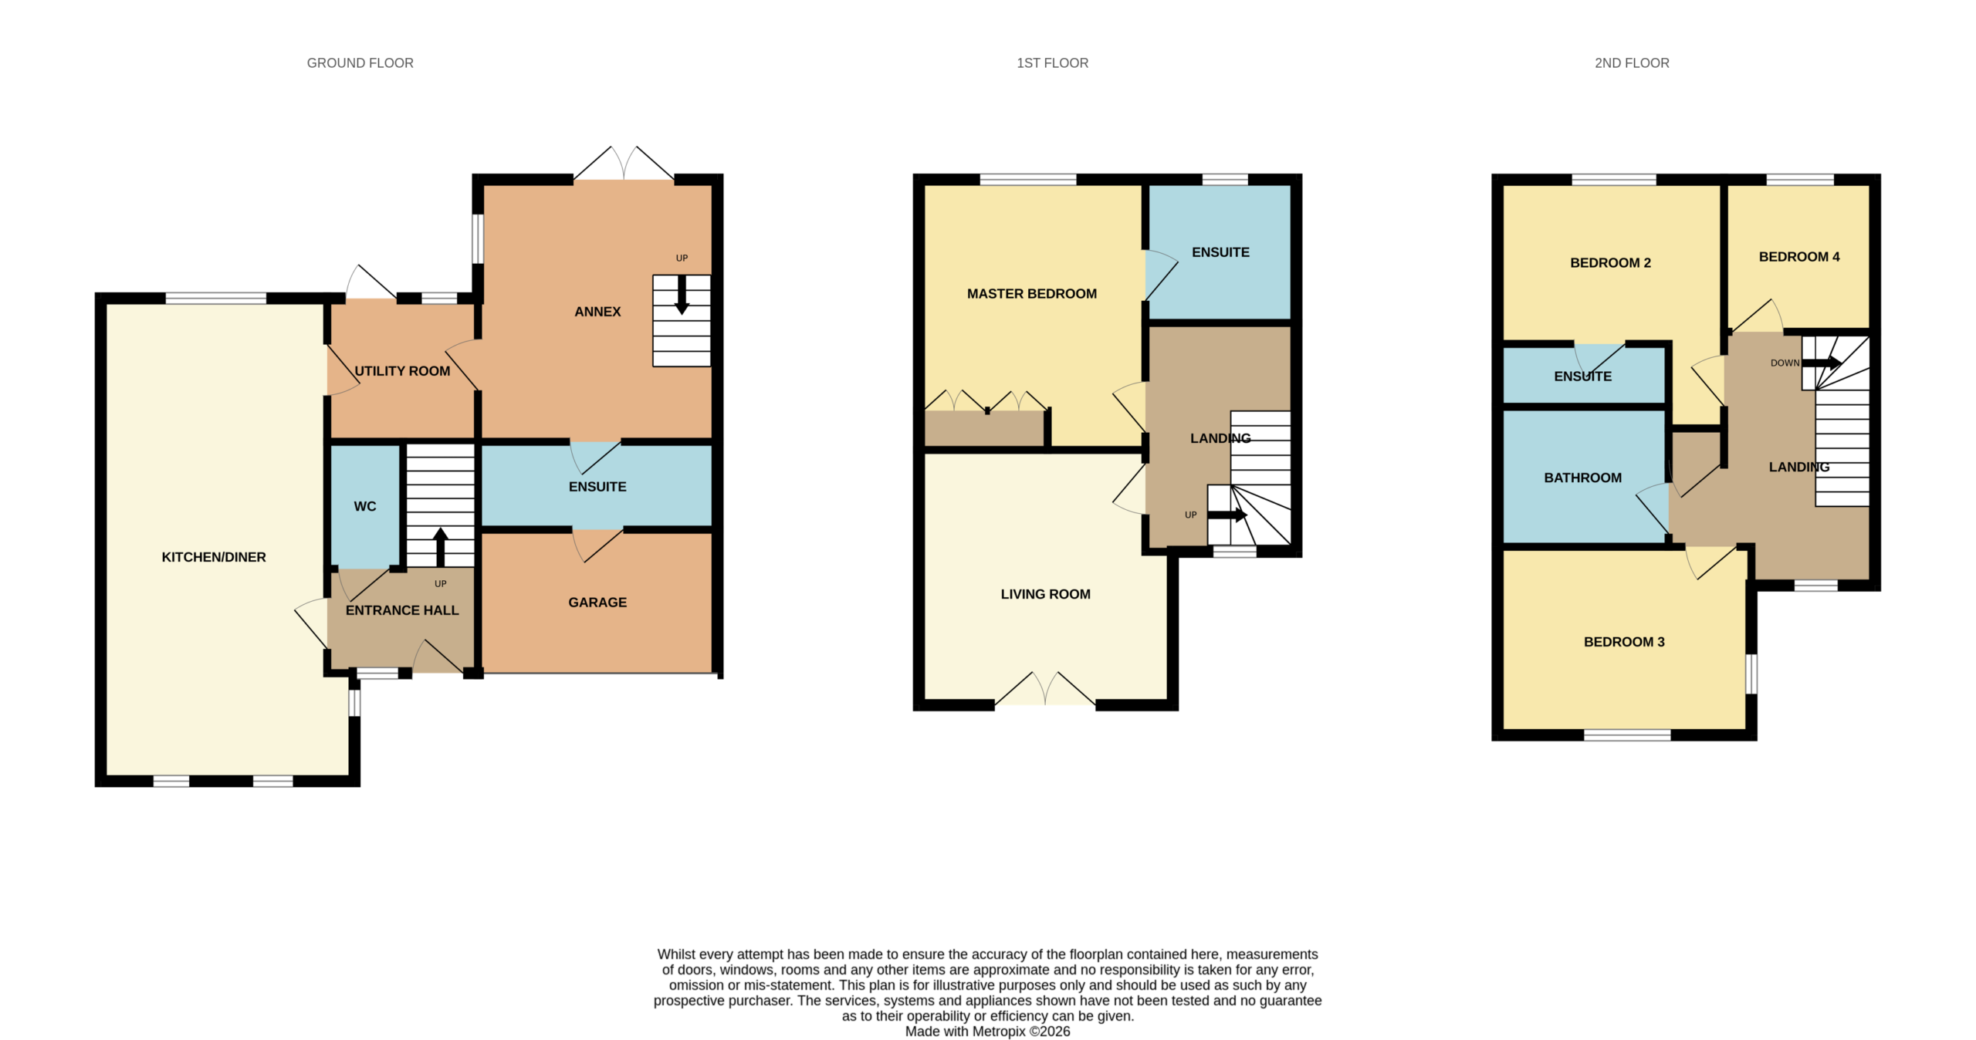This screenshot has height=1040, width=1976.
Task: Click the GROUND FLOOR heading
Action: click(x=360, y=63)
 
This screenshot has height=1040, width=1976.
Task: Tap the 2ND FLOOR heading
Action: click(x=1632, y=63)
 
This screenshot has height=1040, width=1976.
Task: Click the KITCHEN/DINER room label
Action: click(x=214, y=557)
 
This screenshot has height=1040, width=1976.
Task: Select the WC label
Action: click(x=365, y=506)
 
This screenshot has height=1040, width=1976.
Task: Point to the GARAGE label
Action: click(x=597, y=603)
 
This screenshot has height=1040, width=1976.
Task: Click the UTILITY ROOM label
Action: click(x=402, y=371)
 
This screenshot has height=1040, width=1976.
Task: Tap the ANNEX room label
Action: click(x=597, y=312)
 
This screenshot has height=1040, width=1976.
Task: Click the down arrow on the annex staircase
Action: click(x=682, y=295)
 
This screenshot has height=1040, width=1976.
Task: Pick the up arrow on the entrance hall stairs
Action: click(x=441, y=547)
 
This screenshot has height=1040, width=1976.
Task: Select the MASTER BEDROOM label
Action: click(x=1032, y=294)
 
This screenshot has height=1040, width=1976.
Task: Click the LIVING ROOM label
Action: click(x=1046, y=594)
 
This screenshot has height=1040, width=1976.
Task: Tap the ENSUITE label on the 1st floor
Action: click(x=1220, y=252)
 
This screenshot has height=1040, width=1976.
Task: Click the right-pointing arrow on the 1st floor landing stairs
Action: click(x=1227, y=515)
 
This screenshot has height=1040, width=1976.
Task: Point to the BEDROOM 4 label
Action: click(x=1799, y=257)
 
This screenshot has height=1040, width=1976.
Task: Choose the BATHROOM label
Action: click(x=1582, y=478)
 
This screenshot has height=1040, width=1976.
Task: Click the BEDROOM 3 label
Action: click(x=1624, y=642)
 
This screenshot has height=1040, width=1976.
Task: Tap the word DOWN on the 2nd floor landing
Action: click(x=1785, y=363)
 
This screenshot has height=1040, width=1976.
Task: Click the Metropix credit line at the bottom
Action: click(x=987, y=1032)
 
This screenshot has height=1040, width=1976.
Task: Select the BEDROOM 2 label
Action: click(x=1610, y=263)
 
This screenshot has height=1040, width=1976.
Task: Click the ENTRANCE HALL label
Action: click(x=402, y=610)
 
